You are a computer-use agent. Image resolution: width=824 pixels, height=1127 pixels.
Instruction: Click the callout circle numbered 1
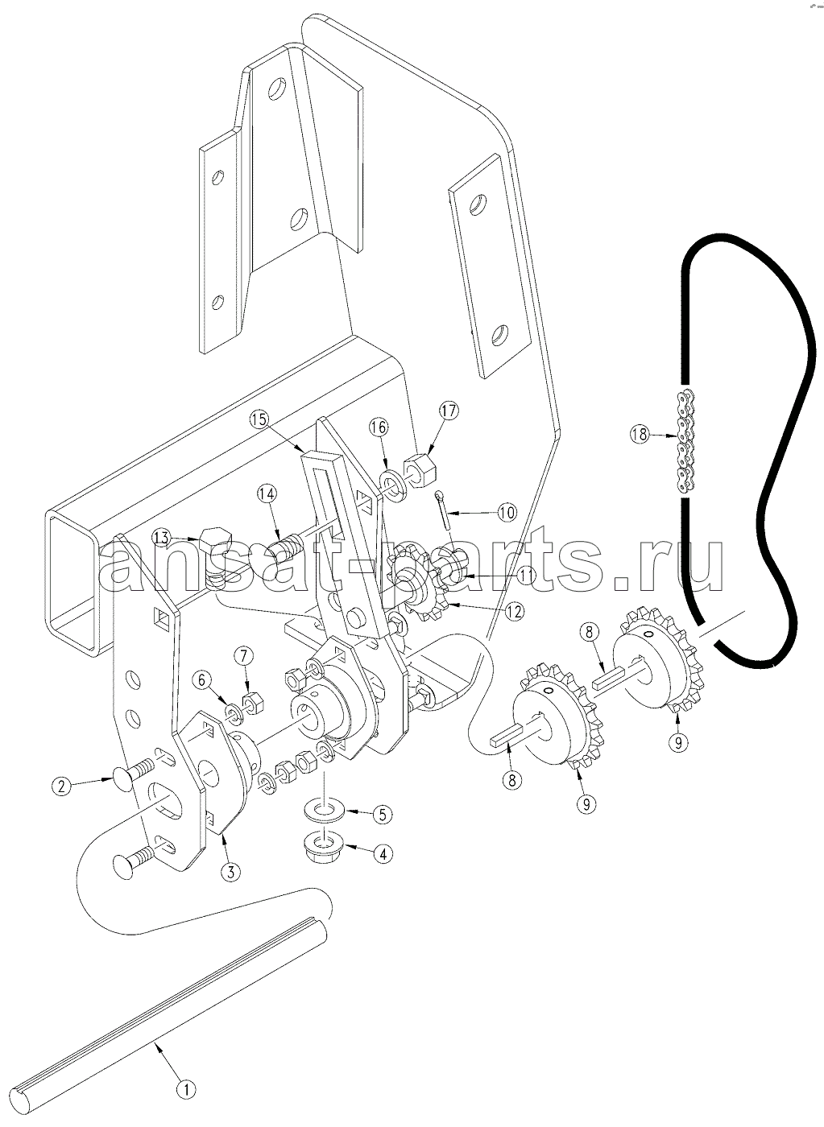click(x=186, y=1085)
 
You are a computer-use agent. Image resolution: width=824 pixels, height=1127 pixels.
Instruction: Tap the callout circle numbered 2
click(x=62, y=786)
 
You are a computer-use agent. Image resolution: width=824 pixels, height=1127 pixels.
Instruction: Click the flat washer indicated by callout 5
click(x=321, y=811)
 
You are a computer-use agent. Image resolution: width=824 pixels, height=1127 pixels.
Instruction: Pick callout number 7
click(x=244, y=655)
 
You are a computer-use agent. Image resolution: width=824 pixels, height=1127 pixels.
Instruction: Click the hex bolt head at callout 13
click(x=215, y=541)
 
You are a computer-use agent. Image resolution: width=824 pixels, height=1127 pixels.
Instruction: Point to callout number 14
click(x=267, y=494)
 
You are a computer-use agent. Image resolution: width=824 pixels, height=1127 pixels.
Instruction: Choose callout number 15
click(x=261, y=419)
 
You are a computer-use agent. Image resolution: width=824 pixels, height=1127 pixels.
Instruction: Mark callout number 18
click(x=640, y=434)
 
